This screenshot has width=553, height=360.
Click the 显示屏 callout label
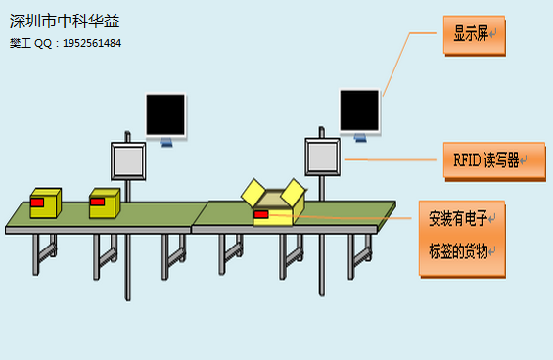tap(473, 34)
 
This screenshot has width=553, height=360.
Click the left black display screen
tap(165, 115)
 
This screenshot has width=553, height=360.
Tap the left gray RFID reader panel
tap(128, 160)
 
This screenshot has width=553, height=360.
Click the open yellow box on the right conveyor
tap(277, 214)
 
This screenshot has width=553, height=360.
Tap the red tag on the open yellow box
tap(261, 214)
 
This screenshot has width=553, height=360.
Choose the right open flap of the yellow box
tap(293, 193)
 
